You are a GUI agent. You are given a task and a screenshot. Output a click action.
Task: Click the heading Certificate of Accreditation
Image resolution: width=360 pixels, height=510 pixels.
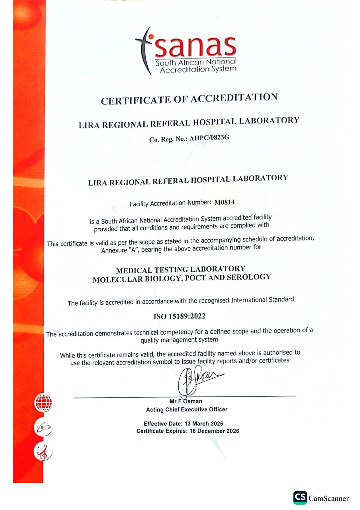point(189,99)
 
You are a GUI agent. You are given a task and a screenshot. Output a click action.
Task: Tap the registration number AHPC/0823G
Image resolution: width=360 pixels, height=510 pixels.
point(209,138)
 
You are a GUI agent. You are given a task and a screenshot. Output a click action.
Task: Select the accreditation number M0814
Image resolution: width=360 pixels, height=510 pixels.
point(224,202)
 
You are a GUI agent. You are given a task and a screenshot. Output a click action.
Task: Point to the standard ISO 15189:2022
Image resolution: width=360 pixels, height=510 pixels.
point(179,316)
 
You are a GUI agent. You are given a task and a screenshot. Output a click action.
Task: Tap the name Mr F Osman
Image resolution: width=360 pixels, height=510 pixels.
point(186,401)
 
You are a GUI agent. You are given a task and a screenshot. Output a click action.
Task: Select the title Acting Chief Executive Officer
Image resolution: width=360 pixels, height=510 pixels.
point(187,409)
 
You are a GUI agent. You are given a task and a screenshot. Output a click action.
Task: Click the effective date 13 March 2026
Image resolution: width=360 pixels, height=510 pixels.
point(204,424)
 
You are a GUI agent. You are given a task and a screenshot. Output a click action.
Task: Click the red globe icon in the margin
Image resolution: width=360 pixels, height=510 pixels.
point(43,402)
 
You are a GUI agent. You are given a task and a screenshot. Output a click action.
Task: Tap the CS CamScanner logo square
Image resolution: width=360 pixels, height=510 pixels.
point(300,498)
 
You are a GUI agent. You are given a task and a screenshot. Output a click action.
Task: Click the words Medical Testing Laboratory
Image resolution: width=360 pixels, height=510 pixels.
point(180,269)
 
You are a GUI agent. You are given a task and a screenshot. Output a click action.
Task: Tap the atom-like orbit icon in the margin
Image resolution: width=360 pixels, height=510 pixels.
point(43,427)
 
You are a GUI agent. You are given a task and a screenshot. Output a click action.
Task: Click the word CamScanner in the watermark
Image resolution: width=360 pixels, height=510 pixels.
point(329,498)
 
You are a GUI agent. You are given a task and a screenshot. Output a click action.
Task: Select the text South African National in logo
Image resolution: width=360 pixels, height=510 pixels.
point(196,62)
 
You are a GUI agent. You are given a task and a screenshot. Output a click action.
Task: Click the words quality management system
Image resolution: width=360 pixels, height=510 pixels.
point(179,340)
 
